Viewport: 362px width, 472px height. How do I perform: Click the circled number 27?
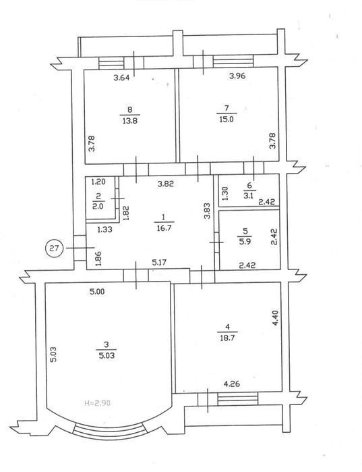click(x=54, y=248)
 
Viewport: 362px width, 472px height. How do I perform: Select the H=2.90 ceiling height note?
click(x=97, y=402)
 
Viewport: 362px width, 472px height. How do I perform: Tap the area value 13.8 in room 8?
click(x=130, y=121)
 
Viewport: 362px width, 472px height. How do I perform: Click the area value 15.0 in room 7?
click(x=227, y=120)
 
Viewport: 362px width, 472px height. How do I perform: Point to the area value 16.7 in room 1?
click(x=164, y=228)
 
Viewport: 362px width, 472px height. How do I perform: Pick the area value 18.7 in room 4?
click(x=227, y=338)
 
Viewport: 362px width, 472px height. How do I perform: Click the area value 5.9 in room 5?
click(x=245, y=241)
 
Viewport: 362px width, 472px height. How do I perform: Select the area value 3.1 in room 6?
click(x=249, y=196)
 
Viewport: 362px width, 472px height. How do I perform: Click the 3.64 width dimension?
click(x=121, y=78)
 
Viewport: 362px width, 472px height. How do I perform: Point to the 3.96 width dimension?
click(x=237, y=76)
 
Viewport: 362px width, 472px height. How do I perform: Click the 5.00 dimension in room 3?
click(x=97, y=292)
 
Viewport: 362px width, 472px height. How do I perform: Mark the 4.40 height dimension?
click(x=275, y=319)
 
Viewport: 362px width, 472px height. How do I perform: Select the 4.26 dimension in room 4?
click(x=232, y=384)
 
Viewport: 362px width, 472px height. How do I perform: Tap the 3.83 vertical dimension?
click(x=207, y=211)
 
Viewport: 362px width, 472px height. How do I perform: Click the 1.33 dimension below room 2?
click(x=104, y=230)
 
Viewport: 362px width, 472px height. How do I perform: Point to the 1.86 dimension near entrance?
click(x=98, y=259)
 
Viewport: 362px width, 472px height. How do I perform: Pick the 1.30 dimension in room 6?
click(x=225, y=194)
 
